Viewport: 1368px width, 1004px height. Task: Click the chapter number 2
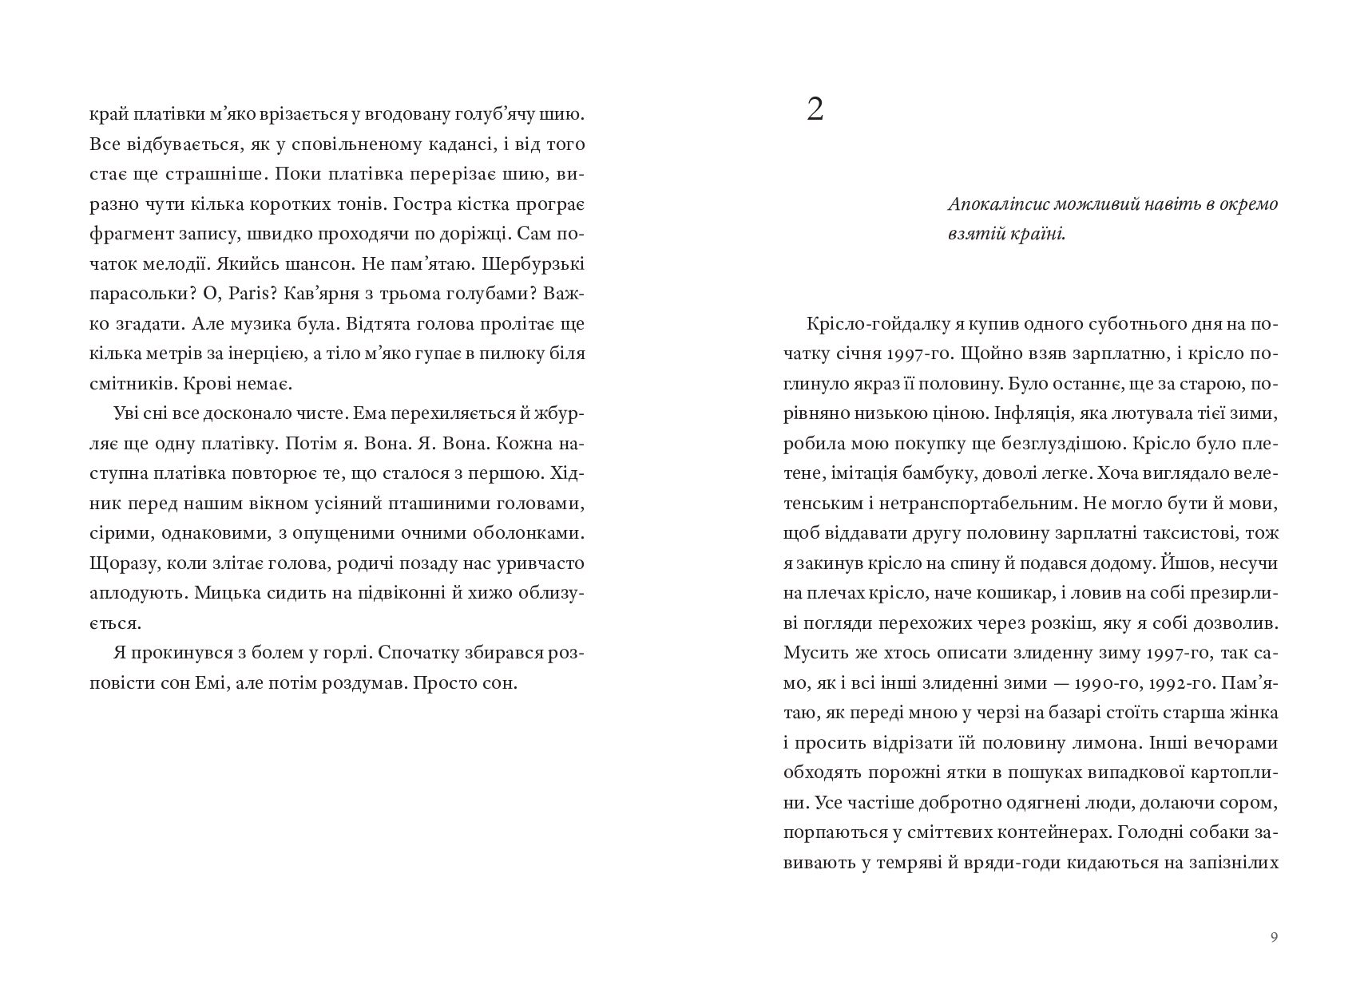(815, 109)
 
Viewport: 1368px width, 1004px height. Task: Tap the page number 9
(1274, 937)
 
